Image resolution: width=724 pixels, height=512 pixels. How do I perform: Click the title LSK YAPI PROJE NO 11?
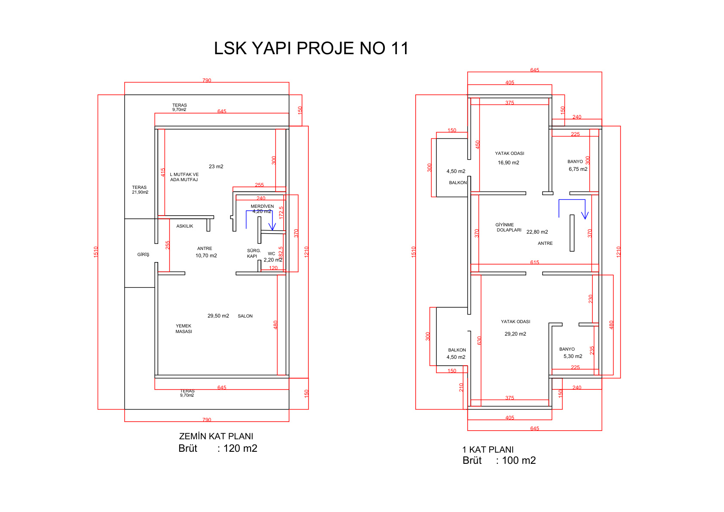[x=311, y=49]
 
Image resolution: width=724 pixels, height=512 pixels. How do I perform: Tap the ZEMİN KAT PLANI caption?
[x=216, y=436]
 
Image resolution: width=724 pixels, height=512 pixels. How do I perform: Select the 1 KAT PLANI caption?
[x=488, y=450]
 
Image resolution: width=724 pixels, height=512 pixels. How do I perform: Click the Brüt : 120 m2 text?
[x=218, y=448]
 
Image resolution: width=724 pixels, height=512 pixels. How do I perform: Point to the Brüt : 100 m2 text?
[x=499, y=460]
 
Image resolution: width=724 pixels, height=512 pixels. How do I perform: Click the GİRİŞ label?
[x=143, y=255]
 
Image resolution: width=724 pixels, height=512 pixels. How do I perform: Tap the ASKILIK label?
[x=184, y=226]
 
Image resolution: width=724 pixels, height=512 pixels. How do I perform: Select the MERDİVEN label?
[x=262, y=207]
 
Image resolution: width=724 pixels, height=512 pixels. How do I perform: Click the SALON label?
[x=245, y=316]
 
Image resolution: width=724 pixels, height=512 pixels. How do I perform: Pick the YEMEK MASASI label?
[x=184, y=329]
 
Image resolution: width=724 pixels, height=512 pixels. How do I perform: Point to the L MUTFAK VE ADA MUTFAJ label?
[x=184, y=177]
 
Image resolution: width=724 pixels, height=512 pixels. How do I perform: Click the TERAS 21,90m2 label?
[x=140, y=190]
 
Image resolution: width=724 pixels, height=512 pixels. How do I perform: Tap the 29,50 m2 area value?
[x=218, y=316]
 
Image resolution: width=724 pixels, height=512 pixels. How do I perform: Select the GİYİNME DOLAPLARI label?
[x=509, y=227]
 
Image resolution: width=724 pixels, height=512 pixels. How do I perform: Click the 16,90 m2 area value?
[x=509, y=163]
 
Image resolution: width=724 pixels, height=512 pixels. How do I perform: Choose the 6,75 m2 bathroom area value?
[x=578, y=169]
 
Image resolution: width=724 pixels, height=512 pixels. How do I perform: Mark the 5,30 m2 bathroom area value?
[x=573, y=356]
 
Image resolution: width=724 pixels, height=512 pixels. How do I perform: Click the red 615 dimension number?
[x=534, y=262]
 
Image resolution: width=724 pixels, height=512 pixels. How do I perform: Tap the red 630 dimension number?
[x=479, y=340]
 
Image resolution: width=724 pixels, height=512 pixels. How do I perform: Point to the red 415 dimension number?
[x=163, y=173]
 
